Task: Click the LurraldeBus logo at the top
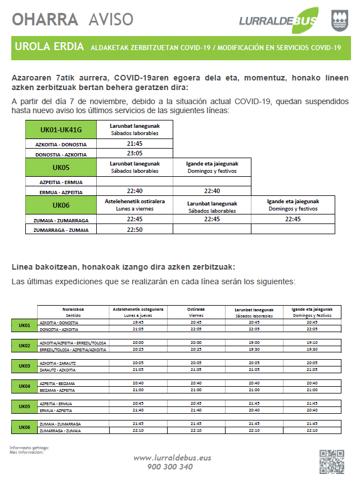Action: click(x=278, y=20)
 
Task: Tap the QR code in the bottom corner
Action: click(x=331, y=461)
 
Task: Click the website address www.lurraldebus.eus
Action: click(x=172, y=458)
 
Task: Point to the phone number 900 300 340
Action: click(x=170, y=467)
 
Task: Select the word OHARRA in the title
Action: click(x=45, y=20)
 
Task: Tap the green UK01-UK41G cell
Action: click(x=61, y=129)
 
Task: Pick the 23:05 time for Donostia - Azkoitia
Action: click(x=134, y=153)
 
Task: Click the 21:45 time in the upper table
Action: click(x=134, y=144)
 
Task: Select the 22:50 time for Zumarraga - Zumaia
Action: click(x=134, y=229)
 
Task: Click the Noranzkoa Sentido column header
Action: click(x=73, y=312)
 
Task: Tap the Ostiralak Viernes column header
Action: click(x=196, y=312)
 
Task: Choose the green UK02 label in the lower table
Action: click(x=24, y=346)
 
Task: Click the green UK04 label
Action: click(x=24, y=386)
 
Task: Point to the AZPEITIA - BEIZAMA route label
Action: click(x=57, y=383)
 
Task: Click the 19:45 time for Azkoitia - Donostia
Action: click(x=138, y=323)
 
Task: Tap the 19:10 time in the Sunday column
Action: click(x=312, y=342)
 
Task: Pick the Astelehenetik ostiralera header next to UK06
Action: click(x=134, y=204)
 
